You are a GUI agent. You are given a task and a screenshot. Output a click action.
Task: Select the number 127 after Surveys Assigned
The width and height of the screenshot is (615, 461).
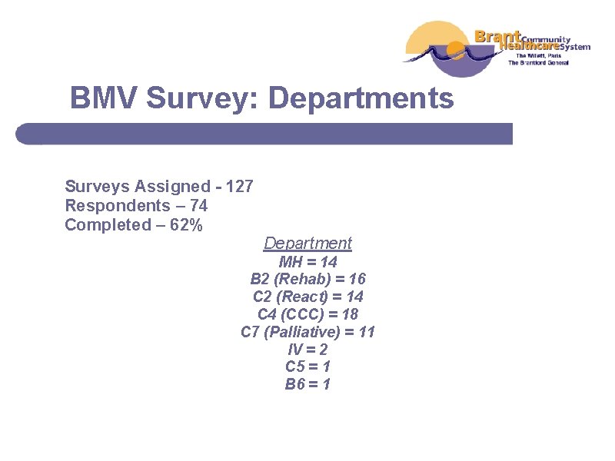[x=240, y=186]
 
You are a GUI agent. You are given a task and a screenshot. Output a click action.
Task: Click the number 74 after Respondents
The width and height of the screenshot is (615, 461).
[x=197, y=205]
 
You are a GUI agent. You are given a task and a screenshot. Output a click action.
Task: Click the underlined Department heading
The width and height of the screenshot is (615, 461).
[x=307, y=244]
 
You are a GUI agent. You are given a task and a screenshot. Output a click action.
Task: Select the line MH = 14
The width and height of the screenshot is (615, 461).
[x=307, y=262]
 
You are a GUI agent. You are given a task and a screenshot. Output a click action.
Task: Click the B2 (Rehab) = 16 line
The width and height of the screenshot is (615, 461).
[x=307, y=279]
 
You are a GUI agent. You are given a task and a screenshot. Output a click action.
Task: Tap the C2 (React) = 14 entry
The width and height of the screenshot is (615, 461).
[x=307, y=297]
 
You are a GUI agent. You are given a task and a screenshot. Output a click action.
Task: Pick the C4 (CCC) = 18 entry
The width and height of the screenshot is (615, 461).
[x=307, y=314]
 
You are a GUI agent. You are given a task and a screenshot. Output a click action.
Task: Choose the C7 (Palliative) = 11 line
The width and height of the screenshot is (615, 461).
[x=307, y=332]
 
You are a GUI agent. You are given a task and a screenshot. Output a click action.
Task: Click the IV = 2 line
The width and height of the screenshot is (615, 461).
[x=307, y=350]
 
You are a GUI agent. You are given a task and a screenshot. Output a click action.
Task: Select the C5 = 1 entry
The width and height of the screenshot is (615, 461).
[x=307, y=367]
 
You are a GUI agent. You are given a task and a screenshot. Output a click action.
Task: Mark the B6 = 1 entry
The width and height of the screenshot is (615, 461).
[x=307, y=384]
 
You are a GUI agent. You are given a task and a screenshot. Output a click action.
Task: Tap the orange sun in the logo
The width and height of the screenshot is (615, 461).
[x=455, y=51]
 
